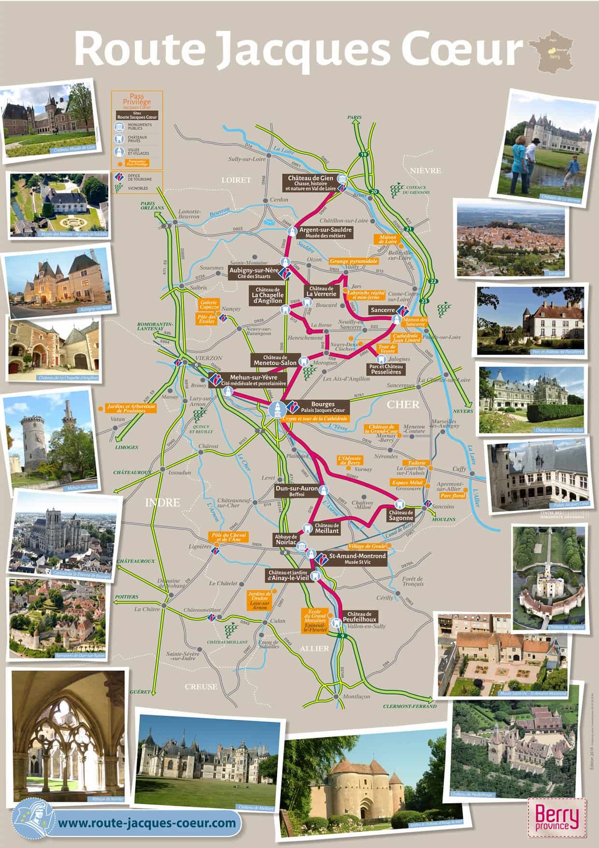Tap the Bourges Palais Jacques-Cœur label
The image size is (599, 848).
323,407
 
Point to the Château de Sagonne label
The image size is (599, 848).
401,515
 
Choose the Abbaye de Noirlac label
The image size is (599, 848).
286,540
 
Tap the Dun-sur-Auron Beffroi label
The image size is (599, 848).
296,491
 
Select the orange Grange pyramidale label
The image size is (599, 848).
354,261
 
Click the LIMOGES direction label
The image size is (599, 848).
127,447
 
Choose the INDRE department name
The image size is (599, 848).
162,503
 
